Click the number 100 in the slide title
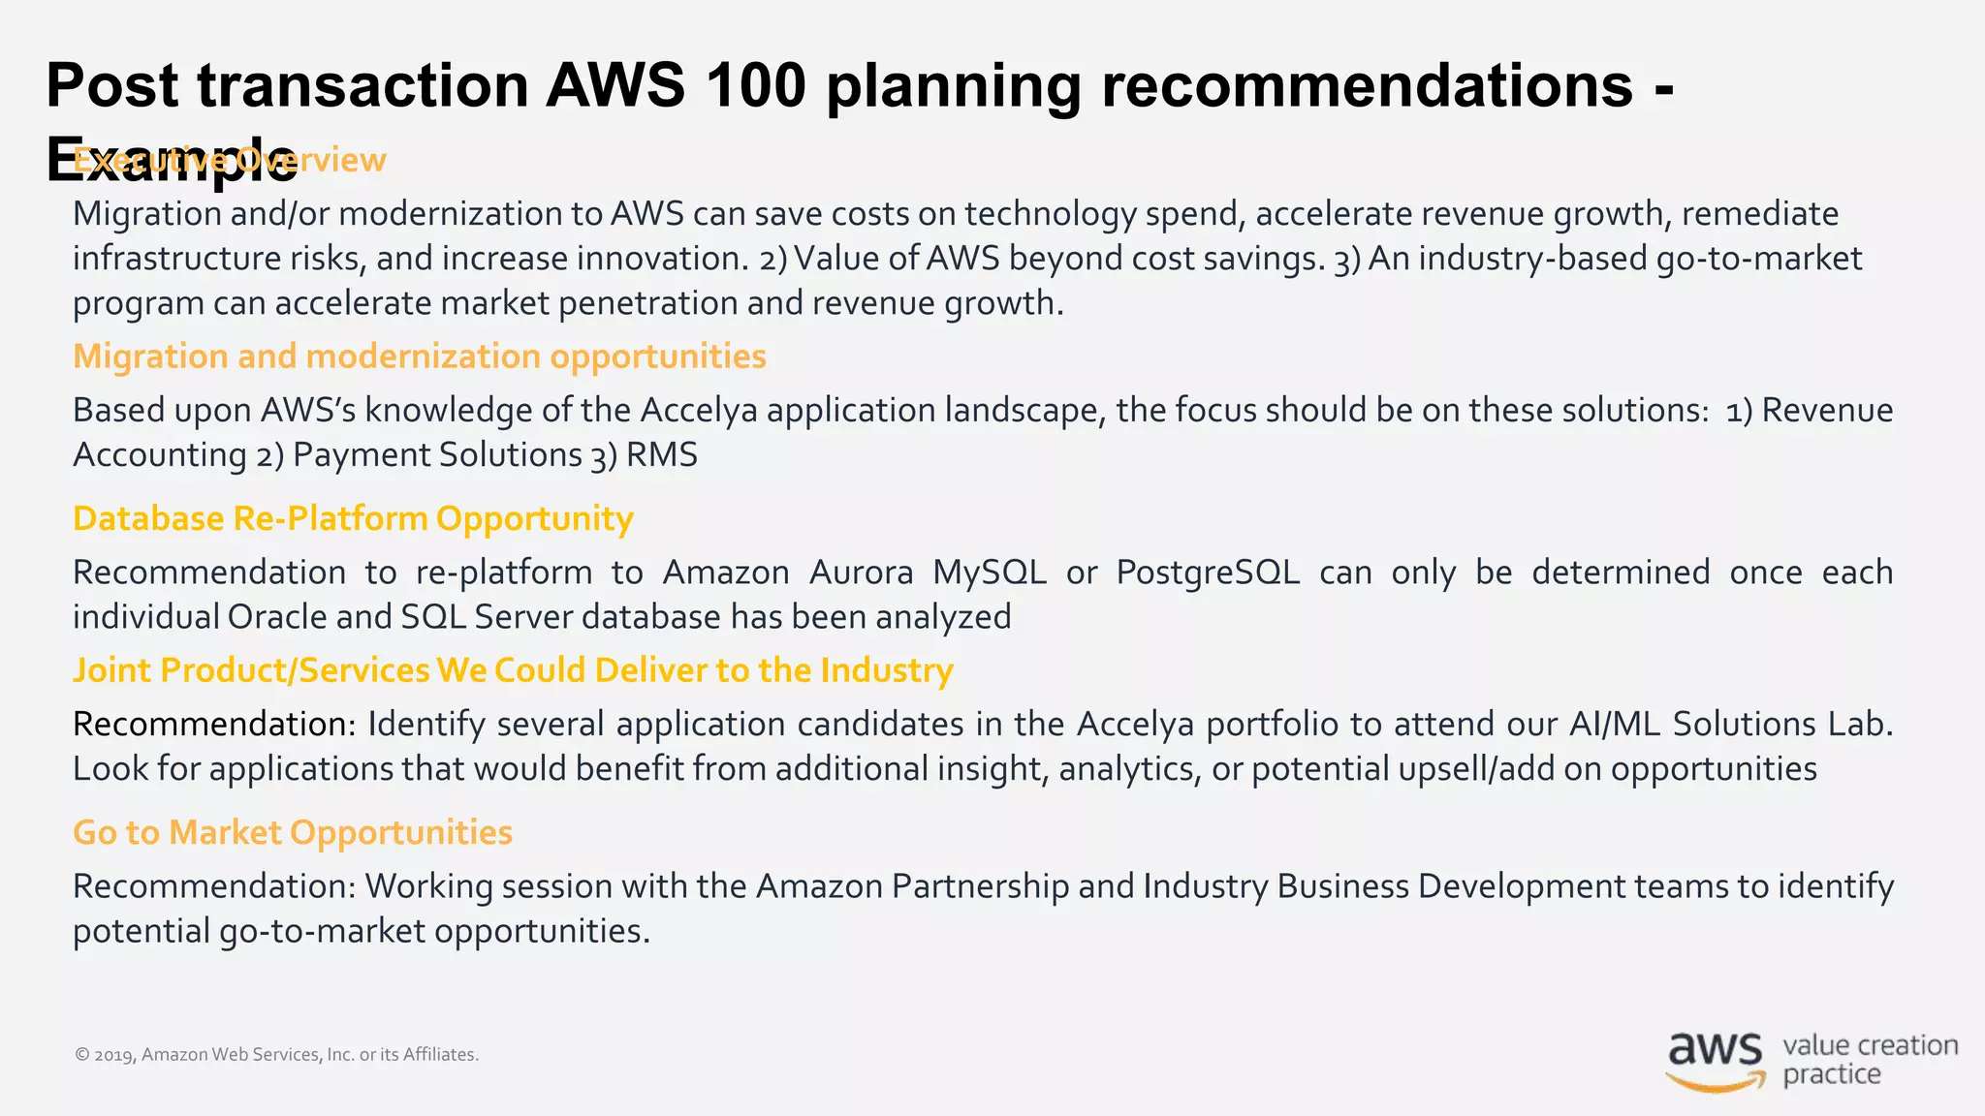point(756,85)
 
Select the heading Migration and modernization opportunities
point(419,356)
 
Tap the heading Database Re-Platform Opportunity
point(353,518)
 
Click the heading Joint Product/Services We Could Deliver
point(513,670)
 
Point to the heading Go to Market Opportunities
point(293,832)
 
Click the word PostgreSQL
point(1207,573)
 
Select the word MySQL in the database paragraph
point(989,573)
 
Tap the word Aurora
point(861,573)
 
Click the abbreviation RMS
point(661,455)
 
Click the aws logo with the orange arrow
point(1715,1061)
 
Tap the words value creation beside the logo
point(1870,1046)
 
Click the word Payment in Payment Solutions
point(340,455)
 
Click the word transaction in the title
point(363,85)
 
